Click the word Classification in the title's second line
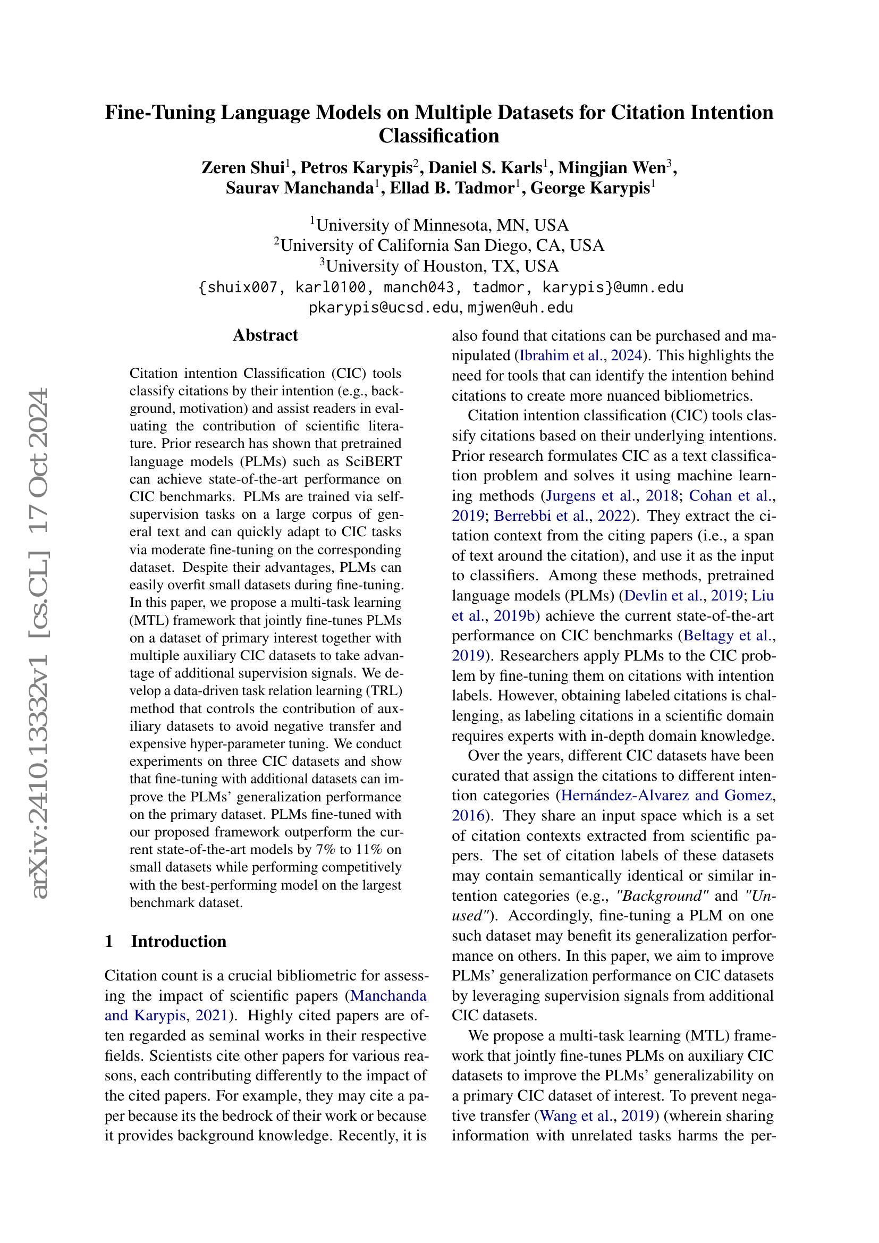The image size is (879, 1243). [438, 136]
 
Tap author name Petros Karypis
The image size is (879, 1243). [356, 168]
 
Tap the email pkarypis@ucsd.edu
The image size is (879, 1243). [384, 308]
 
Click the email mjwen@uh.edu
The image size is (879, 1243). [520, 308]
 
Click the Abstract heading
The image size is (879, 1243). [265, 335]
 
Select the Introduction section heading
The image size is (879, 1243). [178, 941]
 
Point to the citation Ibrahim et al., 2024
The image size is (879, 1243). [581, 356]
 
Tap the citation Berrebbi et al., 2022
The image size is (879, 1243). [561, 516]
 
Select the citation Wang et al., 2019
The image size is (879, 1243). [595, 1115]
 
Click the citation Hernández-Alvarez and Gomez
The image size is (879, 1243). [667, 796]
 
